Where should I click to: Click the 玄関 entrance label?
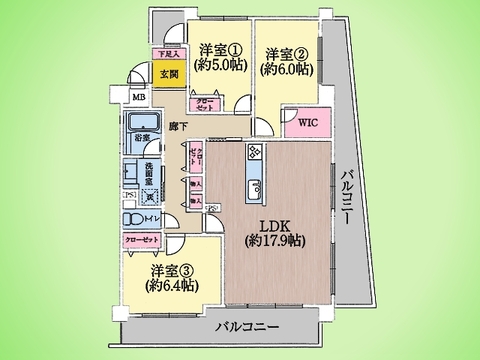click(167, 74)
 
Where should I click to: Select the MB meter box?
click(140, 97)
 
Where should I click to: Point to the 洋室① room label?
click(219, 50)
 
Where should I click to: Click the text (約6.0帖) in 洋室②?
click(286, 71)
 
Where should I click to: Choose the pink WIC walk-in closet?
click(305, 124)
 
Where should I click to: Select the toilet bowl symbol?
click(134, 219)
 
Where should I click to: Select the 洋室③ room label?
click(171, 270)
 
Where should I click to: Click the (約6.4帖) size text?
click(170, 288)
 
